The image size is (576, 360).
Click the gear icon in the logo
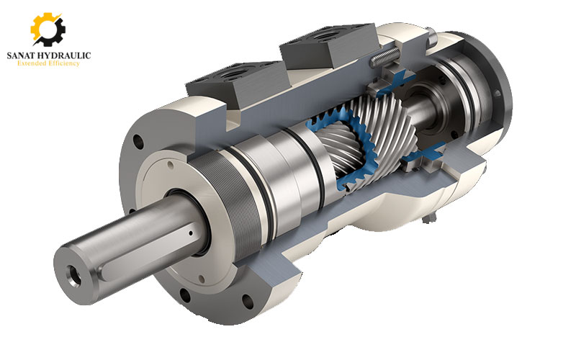tap(48, 30)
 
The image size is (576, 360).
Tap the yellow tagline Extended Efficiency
tap(48, 63)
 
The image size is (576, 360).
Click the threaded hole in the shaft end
tap(74, 276)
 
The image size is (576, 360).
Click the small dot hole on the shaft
tap(190, 233)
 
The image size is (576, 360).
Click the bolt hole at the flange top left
tap(138, 142)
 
